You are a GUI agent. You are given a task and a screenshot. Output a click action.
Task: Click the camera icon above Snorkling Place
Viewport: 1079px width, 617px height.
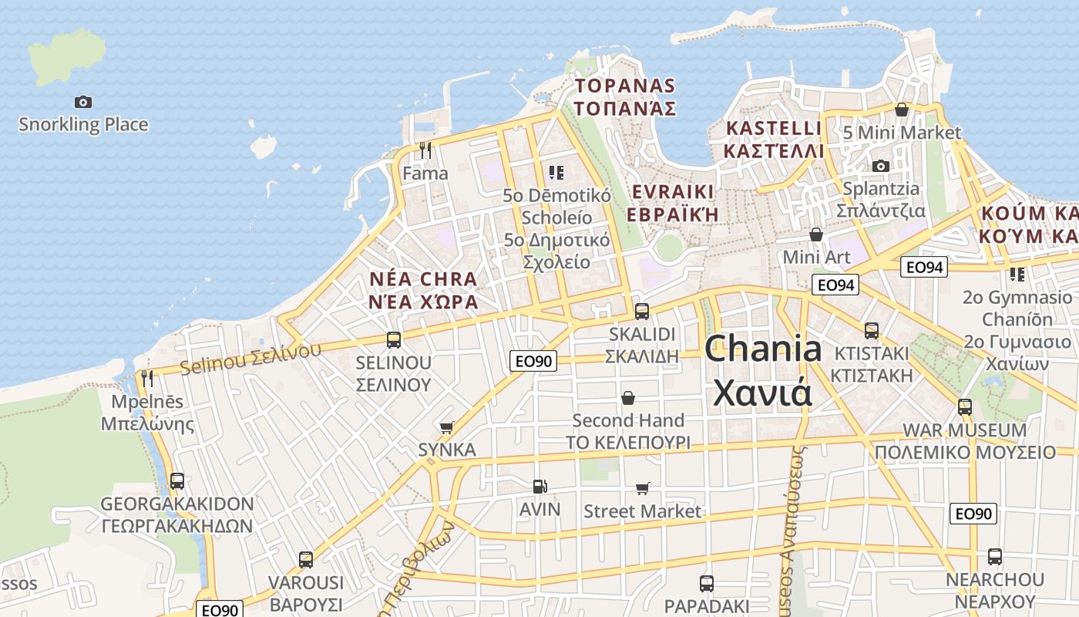pyautogui.click(x=82, y=102)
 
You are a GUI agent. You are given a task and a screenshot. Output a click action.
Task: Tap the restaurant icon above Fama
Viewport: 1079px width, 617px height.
pyautogui.click(x=425, y=149)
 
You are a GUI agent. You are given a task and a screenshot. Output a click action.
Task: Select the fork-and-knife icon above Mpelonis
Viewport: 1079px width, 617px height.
pyautogui.click(x=146, y=378)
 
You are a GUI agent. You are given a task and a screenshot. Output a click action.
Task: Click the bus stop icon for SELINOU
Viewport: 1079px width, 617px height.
pyautogui.click(x=393, y=339)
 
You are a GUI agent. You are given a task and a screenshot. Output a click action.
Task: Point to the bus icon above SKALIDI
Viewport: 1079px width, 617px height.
pyautogui.click(x=641, y=312)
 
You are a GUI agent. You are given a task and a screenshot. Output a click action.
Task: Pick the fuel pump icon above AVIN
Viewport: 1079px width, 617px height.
pyautogui.click(x=540, y=486)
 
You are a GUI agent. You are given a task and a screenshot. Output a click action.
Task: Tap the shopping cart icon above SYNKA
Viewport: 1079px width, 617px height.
pyautogui.click(x=446, y=427)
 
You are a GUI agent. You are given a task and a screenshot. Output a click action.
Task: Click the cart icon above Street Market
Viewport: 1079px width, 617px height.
pyautogui.click(x=642, y=488)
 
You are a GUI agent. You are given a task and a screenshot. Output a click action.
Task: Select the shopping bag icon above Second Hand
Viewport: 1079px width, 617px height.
pyautogui.click(x=628, y=398)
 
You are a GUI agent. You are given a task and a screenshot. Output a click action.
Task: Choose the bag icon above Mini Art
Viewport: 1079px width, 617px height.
pyautogui.click(x=815, y=234)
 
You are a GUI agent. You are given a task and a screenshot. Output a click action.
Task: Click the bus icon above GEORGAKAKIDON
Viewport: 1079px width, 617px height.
pyautogui.click(x=176, y=481)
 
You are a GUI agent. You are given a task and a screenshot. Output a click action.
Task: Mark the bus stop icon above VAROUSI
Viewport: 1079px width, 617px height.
pyautogui.click(x=306, y=559)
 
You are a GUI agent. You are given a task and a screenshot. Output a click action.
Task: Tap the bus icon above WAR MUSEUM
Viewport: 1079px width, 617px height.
pyautogui.click(x=964, y=406)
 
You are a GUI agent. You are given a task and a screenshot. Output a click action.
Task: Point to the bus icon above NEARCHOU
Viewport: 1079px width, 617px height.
pyautogui.click(x=995, y=556)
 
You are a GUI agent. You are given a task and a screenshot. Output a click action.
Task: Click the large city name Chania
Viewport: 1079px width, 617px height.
pyautogui.click(x=763, y=349)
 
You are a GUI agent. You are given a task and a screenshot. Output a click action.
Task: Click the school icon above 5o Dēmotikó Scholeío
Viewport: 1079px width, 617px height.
pyautogui.click(x=556, y=172)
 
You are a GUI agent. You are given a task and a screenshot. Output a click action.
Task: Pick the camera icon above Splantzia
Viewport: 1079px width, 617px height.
pyautogui.click(x=880, y=166)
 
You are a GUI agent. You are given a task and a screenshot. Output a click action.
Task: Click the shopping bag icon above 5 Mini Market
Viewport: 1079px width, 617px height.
pyautogui.click(x=901, y=110)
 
